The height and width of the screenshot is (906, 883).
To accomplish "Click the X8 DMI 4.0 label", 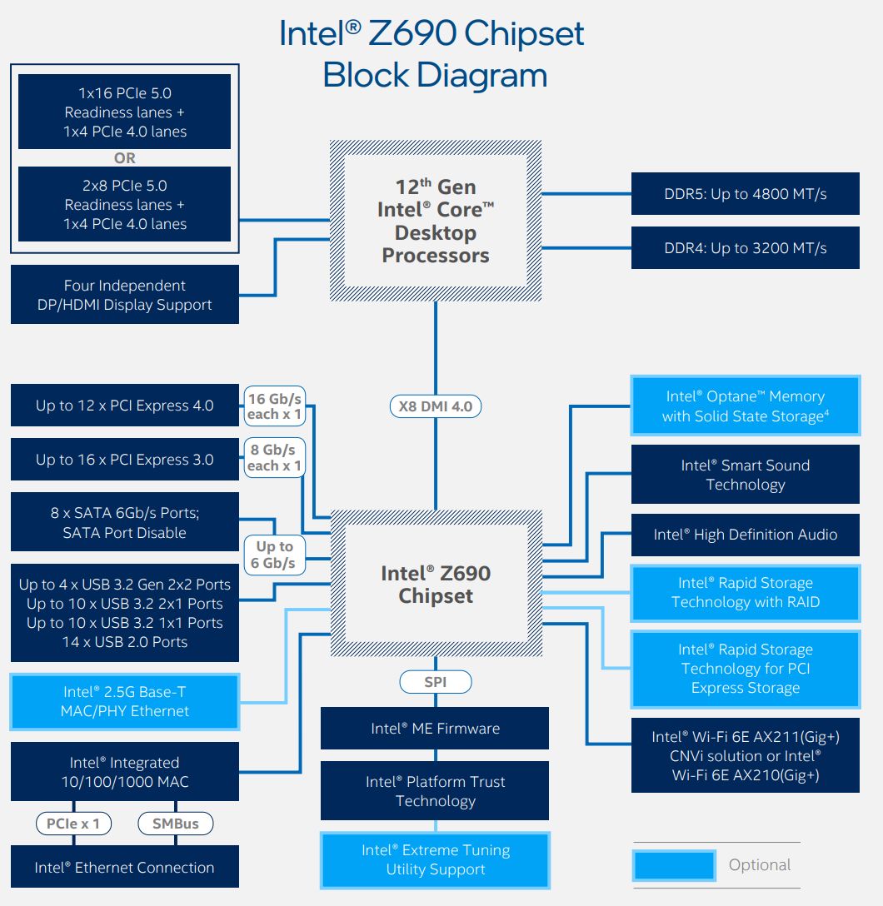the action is [436, 406].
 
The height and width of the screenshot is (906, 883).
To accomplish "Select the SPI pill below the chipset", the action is [436, 682].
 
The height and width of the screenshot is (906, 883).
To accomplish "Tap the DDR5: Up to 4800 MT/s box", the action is [746, 193].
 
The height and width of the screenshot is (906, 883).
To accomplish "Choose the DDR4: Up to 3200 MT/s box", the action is [746, 248].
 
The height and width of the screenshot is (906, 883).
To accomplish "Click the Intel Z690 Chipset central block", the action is [437, 584].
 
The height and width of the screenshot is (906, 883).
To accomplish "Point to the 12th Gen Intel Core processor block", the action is [436, 221].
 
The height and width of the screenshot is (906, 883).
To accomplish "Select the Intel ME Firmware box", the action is [435, 728].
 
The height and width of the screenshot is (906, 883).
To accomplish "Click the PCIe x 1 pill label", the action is [73, 824].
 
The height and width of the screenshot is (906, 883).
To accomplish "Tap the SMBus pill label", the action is [176, 824].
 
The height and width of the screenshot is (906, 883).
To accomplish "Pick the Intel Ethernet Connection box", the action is [125, 867].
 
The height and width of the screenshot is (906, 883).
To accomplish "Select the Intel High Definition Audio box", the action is [746, 535].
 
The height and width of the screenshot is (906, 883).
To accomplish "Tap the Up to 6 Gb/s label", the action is [275, 555].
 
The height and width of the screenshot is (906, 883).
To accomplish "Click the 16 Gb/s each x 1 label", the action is [275, 406].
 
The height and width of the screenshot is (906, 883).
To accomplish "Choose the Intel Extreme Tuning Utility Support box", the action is [435, 859].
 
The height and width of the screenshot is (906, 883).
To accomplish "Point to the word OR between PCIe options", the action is [125, 157].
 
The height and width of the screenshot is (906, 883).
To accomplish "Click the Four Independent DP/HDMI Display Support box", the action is [125, 295].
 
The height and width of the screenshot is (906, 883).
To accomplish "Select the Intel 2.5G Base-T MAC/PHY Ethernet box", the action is [125, 701].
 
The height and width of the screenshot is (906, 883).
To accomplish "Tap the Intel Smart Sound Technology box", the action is [746, 475].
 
